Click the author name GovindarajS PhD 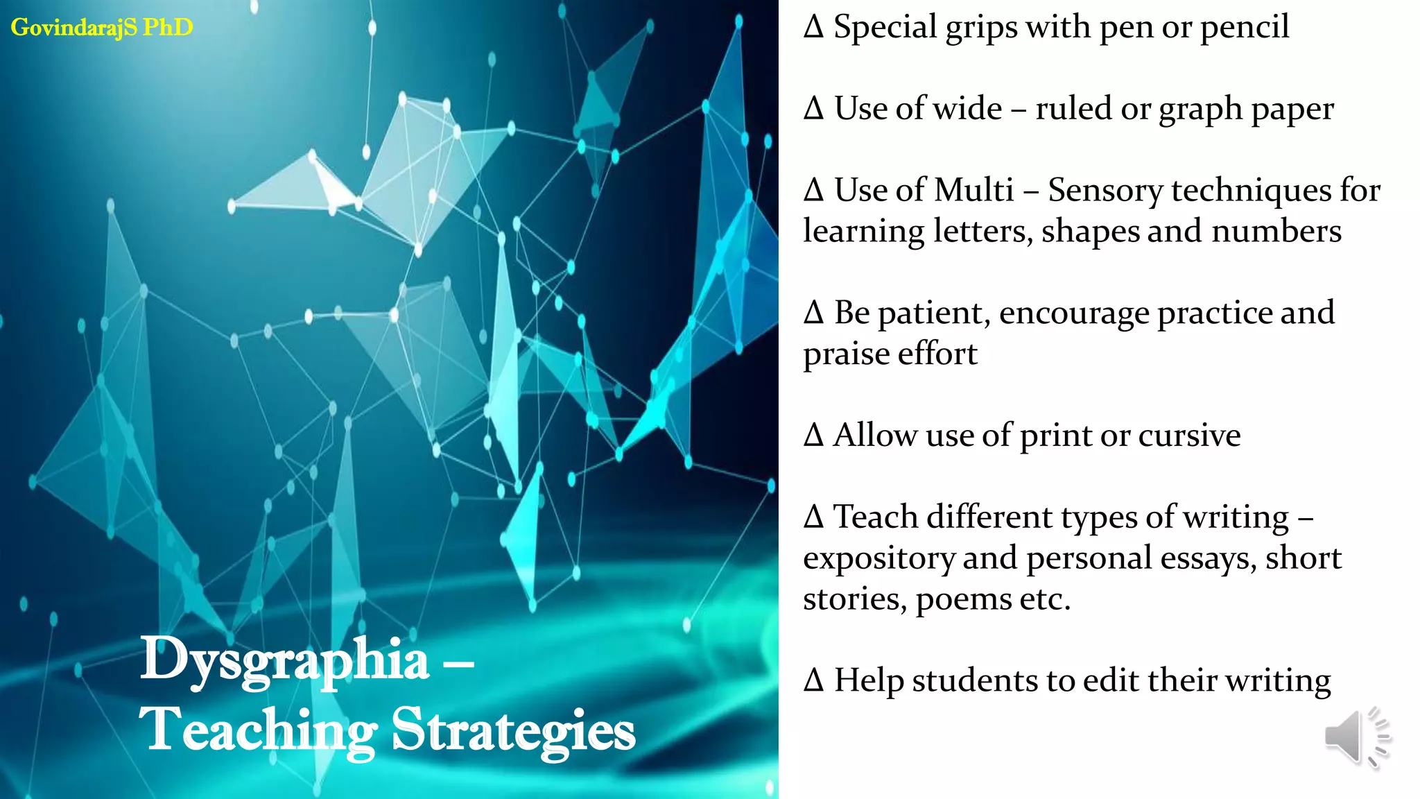click(102, 27)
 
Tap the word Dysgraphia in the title click(285, 660)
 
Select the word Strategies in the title click(513, 730)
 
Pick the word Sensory click(1106, 190)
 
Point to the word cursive click(1189, 436)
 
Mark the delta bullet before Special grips click(814, 27)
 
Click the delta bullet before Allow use click(814, 436)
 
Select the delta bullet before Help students click(814, 680)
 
